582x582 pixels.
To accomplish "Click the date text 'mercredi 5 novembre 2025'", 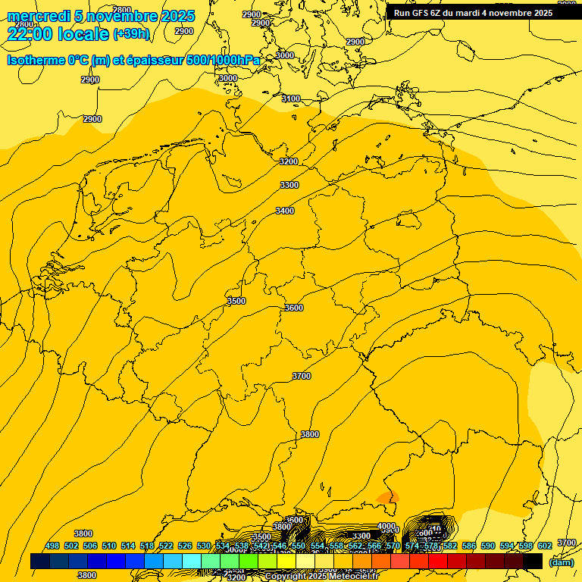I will [101, 16].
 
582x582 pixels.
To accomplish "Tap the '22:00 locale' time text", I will [58, 33].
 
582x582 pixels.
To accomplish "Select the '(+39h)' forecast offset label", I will [131, 34].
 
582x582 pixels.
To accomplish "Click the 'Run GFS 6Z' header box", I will [473, 12].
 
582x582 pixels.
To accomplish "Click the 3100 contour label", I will [291, 99].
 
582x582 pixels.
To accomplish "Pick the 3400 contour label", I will [285, 211].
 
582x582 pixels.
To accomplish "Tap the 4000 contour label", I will [386, 526].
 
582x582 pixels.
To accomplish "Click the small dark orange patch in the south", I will [388, 497].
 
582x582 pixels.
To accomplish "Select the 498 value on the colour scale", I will [52, 546].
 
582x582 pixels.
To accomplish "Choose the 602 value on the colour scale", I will [545, 546].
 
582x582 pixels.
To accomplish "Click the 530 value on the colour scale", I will [204, 546].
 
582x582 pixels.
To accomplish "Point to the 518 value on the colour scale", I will [147, 546].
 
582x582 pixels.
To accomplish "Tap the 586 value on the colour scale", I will [469, 546].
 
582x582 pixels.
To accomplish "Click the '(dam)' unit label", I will [562, 562].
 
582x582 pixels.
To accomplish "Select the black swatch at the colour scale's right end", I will [533, 562].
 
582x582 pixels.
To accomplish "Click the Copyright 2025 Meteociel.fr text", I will [322, 577].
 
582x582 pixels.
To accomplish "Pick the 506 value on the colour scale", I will [90, 546].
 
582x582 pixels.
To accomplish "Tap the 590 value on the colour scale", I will [488, 546].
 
